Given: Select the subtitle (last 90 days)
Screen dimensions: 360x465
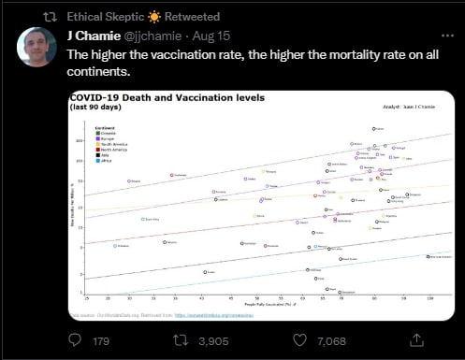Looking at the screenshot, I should [x=95, y=107].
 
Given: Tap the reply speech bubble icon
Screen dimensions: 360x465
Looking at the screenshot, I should [x=73, y=341].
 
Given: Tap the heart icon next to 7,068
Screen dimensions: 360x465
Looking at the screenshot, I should [x=298, y=341].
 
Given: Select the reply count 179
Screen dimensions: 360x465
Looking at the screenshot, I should [x=102, y=341].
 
